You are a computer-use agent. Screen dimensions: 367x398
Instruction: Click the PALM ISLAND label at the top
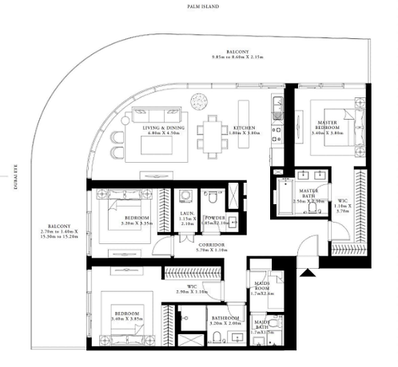[x=197, y=6]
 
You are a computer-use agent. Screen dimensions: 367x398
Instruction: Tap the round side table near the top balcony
[x=197, y=99]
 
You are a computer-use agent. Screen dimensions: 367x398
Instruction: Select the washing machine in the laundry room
[x=185, y=195]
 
